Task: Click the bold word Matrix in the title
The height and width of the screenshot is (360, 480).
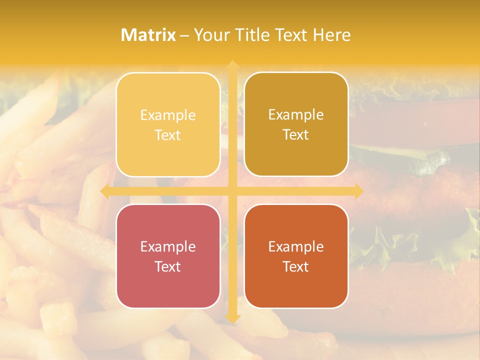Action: pos(148,35)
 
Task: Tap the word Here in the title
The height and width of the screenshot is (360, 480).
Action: pos(331,35)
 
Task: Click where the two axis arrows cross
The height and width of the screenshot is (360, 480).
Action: pos(232,191)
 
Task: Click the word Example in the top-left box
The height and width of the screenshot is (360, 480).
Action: pos(168,115)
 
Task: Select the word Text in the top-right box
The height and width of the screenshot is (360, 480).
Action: pos(296,135)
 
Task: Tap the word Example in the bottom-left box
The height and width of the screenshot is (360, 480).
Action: pos(168,246)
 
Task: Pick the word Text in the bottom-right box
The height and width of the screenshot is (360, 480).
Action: pos(296,266)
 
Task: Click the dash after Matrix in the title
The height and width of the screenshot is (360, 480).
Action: pos(184,35)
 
